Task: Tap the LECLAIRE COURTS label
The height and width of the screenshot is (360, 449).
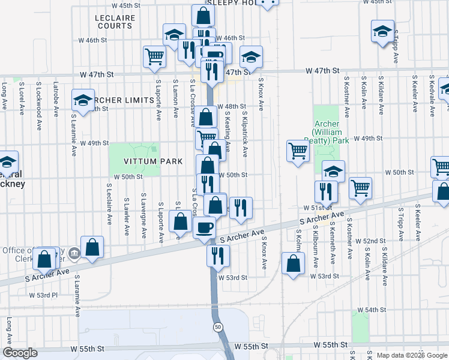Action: (114, 22)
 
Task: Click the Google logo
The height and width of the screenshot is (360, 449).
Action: (20, 353)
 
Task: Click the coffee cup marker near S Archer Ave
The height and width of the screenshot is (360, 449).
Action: (205, 227)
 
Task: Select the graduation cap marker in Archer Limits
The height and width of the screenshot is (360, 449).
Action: (83, 100)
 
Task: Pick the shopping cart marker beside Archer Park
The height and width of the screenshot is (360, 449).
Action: (298, 151)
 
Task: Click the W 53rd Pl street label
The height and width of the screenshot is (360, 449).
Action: (43, 295)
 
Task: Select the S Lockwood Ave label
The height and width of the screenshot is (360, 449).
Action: (38, 97)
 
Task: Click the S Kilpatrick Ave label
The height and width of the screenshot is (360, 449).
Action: (245, 134)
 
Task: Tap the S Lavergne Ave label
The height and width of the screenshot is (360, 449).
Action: (143, 215)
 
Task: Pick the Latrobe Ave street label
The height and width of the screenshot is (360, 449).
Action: (55, 96)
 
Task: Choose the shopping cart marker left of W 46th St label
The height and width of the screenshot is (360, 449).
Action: (154, 56)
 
